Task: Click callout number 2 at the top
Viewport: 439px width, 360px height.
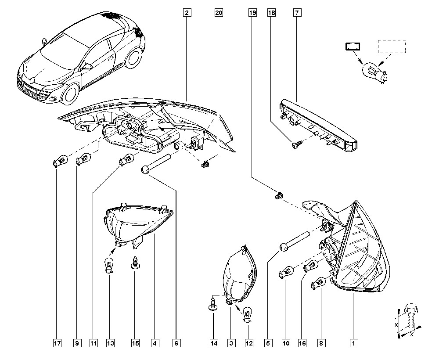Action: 187,13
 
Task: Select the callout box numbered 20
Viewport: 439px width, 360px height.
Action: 219,13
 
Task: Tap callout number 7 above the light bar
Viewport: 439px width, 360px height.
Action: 297,13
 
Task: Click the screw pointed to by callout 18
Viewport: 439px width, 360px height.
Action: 295,143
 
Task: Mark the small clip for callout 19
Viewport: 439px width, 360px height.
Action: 278,195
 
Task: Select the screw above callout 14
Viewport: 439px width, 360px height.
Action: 213,304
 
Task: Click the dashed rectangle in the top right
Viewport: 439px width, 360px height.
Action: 392,47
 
